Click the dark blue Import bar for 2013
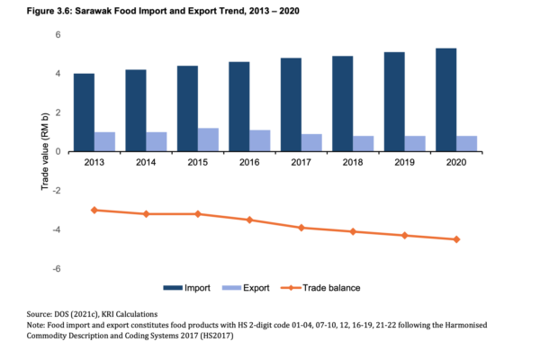tap(85, 112)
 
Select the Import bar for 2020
tap(445, 100)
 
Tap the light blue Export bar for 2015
tap(209, 139)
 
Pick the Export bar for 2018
tap(364, 144)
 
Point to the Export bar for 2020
tap(466, 144)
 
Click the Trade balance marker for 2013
tap(95, 210)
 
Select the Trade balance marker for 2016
tap(250, 220)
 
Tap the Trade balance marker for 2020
tap(456, 239)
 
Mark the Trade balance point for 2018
tap(353, 231)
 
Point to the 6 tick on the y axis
tap(56, 34)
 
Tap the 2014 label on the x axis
tap(147, 162)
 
